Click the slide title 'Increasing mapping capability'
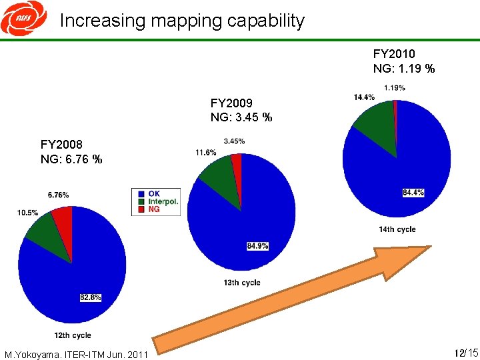coord(181,21)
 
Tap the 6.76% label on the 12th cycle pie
coord(58,195)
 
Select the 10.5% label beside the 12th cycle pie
coord(27,213)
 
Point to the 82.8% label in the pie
coord(90,297)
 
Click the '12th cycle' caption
coord(72,335)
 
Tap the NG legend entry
coord(154,209)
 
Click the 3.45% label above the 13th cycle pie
coord(234,141)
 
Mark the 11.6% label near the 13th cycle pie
coord(205,153)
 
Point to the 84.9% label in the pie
coord(257,246)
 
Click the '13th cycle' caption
coord(241,283)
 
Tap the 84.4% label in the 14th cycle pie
coord(413,193)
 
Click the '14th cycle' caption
coord(397,229)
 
